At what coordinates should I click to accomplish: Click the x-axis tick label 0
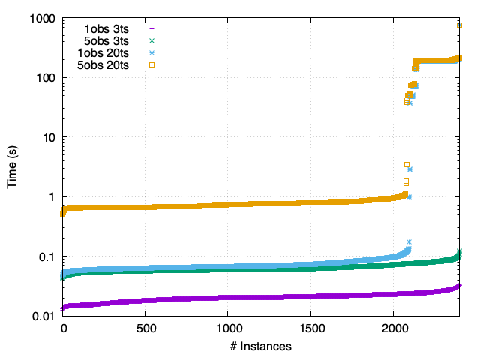tap(63, 329)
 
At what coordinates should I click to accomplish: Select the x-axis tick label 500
tap(145, 329)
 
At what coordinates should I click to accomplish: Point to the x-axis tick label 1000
tap(229, 329)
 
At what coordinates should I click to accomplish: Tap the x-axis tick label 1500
tap(311, 329)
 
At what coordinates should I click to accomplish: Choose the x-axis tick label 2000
tap(394, 329)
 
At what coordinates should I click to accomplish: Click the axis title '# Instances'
tap(260, 346)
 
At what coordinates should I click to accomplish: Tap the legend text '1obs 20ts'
tap(103, 53)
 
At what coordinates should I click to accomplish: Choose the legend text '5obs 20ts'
tap(103, 65)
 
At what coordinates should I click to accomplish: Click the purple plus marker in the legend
tap(151, 28)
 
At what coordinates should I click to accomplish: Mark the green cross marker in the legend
tap(151, 40)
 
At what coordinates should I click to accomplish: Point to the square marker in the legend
tap(151, 65)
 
